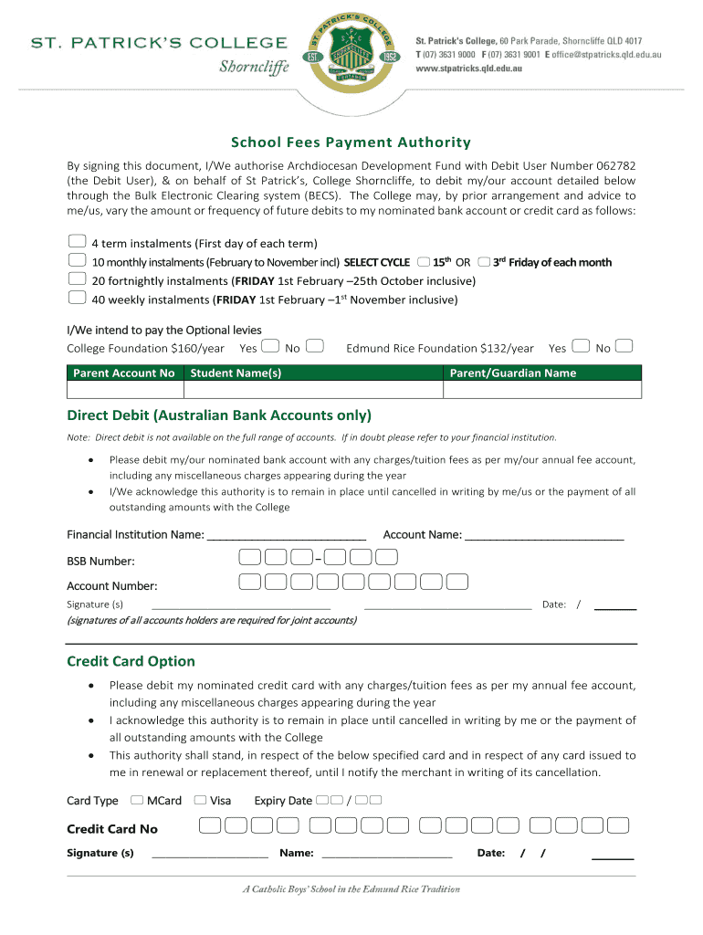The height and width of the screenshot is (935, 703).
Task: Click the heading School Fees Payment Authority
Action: click(351, 142)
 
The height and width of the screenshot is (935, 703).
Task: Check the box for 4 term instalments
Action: click(78, 242)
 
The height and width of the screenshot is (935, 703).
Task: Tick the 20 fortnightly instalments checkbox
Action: click(78, 279)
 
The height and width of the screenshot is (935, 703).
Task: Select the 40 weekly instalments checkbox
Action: click(78, 298)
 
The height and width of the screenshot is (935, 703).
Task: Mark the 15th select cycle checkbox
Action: click(423, 261)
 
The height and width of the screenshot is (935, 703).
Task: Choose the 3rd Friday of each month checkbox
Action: click(484, 261)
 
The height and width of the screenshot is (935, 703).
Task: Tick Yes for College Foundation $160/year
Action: click(269, 346)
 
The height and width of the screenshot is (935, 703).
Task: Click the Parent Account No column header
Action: click(124, 373)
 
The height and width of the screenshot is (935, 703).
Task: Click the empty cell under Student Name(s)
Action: click(313, 390)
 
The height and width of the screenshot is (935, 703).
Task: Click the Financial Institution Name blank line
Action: click(287, 535)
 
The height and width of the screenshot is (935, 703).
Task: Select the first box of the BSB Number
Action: click(248, 557)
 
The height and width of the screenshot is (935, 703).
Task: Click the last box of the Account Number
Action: click(457, 582)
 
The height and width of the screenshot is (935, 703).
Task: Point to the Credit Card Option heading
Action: click(131, 661)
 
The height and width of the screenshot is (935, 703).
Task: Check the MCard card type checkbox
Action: click(137, 801)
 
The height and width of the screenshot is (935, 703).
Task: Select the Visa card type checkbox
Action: click(200, 801)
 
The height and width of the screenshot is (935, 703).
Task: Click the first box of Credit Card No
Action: click(210, 826)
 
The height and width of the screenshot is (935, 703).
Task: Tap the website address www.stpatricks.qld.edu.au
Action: click(475, 68)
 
